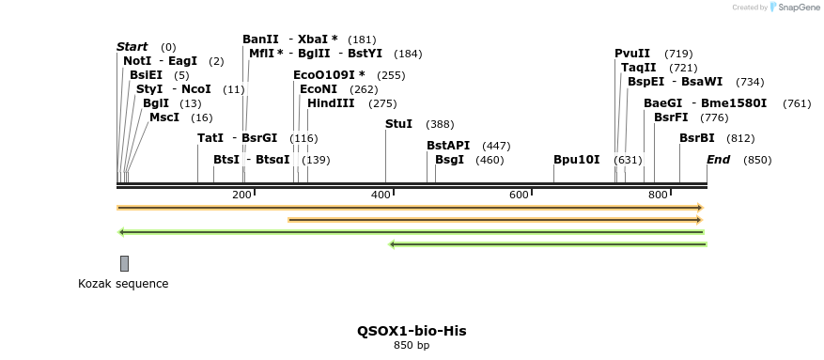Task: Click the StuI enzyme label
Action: coord(398,124)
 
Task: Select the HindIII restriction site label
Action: coord(332,103)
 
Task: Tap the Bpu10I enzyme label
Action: coord(576,160)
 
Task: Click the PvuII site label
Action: coord(632,54)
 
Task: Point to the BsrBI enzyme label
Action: coord(697,138)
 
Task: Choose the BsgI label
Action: coord(449,160)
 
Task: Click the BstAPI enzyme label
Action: coord(448,146)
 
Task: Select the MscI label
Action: coord(164,117)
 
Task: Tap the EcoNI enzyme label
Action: coord(318,89)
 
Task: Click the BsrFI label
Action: coord(671,117)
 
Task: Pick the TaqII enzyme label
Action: coord(639,68)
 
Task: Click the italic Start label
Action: coord(132,47)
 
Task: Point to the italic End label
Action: coord(718,160)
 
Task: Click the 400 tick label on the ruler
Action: coord(381,195)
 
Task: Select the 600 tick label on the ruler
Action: coord(519,195)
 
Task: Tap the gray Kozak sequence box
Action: coord(124,263)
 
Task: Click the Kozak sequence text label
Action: coord(123,284)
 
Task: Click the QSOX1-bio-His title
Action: coord(412,331)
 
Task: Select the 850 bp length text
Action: coord(412,346)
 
